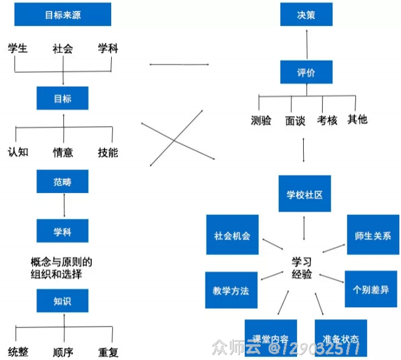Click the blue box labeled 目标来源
click(x=63, y=15)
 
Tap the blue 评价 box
click(x=306, y=72)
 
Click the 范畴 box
click(x=63, y=182)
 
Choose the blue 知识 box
click(x=63, y=301)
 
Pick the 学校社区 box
click(x=304, y=194)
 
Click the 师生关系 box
click(x=372, y=236)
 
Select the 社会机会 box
click(x=232, y=236)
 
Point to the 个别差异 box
click(x=371, y=289)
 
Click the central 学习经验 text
click(x=302, y=268)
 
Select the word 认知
click(x=18, y=152)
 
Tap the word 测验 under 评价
click(x=261, y=120)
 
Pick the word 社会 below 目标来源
click(x=63, y=49)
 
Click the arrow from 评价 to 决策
click(x=306, y=43)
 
